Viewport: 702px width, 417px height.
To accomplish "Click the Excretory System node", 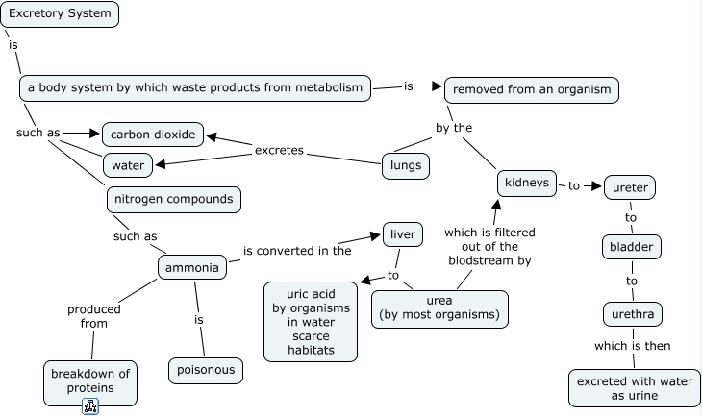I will [x=60, y=13].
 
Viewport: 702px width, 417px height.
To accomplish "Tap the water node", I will [x=127, y=165].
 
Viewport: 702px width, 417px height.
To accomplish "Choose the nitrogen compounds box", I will [x=173, y=199].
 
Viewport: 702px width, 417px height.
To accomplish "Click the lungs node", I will [x=405, y=165].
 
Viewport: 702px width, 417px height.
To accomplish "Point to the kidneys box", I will [x=527, y=182].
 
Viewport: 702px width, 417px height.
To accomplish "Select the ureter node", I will [x=630, y=187].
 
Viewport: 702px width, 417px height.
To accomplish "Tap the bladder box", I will [x=631, y=248].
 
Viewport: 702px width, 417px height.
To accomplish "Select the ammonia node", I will [x=192, y=267].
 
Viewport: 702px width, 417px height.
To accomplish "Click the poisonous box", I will [x=206, y=370].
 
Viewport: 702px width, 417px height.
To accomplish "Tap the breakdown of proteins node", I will [x=90, y=380].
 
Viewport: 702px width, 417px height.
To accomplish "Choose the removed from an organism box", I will [x=532, y=89].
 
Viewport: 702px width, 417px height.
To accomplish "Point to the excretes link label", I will [x=279, y=151].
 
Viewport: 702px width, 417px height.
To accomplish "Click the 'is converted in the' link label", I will [x=296, y=251].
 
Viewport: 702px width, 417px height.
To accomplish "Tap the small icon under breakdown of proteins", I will [x=91, y=406].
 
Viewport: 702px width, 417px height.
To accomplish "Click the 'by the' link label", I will [x=454, y=127].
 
